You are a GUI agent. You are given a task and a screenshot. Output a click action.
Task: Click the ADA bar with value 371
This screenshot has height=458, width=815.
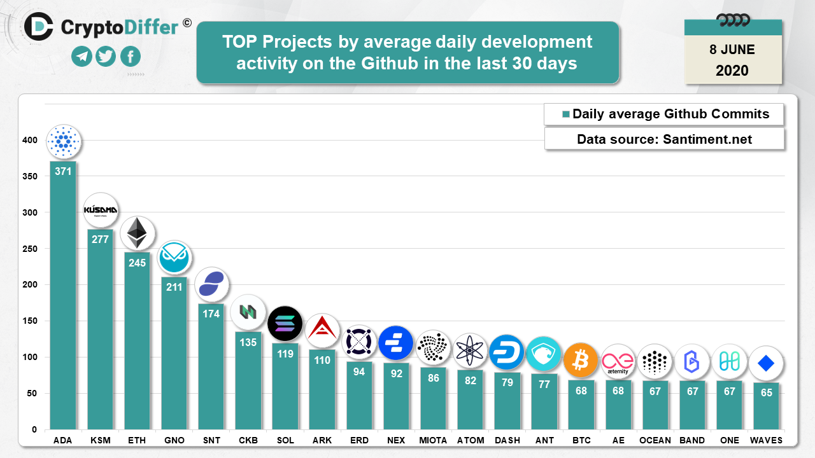(63, 296)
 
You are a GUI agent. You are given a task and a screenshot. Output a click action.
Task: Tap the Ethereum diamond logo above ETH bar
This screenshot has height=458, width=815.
(137, 233)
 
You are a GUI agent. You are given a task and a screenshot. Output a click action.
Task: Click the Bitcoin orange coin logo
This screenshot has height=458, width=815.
(581, 360)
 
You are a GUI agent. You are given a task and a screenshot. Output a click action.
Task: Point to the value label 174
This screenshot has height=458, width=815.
(211, 314)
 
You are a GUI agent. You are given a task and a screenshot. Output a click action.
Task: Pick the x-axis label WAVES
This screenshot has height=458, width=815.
(766, 440)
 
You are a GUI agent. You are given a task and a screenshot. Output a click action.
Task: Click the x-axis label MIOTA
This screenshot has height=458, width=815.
(433, 440)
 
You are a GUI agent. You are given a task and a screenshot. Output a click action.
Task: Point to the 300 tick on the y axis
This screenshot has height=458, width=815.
(31, 212)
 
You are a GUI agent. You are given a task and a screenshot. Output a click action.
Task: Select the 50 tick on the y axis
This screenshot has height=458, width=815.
(33, 394)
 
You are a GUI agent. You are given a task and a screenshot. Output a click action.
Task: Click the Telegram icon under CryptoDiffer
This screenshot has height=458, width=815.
(81, 57)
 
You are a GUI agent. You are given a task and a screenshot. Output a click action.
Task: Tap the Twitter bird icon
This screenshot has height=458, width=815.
(106, 57)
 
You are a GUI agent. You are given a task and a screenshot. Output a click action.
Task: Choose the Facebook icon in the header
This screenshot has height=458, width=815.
(131, 57)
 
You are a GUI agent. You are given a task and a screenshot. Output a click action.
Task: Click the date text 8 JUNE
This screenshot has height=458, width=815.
(732, 50)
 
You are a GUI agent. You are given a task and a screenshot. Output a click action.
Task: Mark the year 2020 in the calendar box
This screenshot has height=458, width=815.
(732, 71)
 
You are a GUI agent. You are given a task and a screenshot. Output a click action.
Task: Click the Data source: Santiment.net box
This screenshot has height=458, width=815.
(664, 139)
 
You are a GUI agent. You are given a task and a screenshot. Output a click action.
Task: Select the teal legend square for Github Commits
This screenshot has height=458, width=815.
(565, 115)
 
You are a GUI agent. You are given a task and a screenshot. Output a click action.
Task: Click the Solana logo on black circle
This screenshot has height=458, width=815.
(285, 323)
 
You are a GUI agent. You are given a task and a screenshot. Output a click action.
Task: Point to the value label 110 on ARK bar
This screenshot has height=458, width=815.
(322, 360)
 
